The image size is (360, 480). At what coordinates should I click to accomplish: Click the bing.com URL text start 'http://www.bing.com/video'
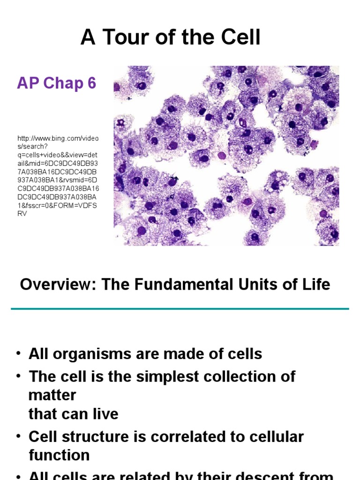click(x=58, y=139)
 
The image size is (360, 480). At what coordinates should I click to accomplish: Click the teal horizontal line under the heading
click(x=180, y=309)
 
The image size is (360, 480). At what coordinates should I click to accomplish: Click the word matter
click(x=52, y=395)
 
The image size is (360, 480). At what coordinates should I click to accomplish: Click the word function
click(x=59, y=455)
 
